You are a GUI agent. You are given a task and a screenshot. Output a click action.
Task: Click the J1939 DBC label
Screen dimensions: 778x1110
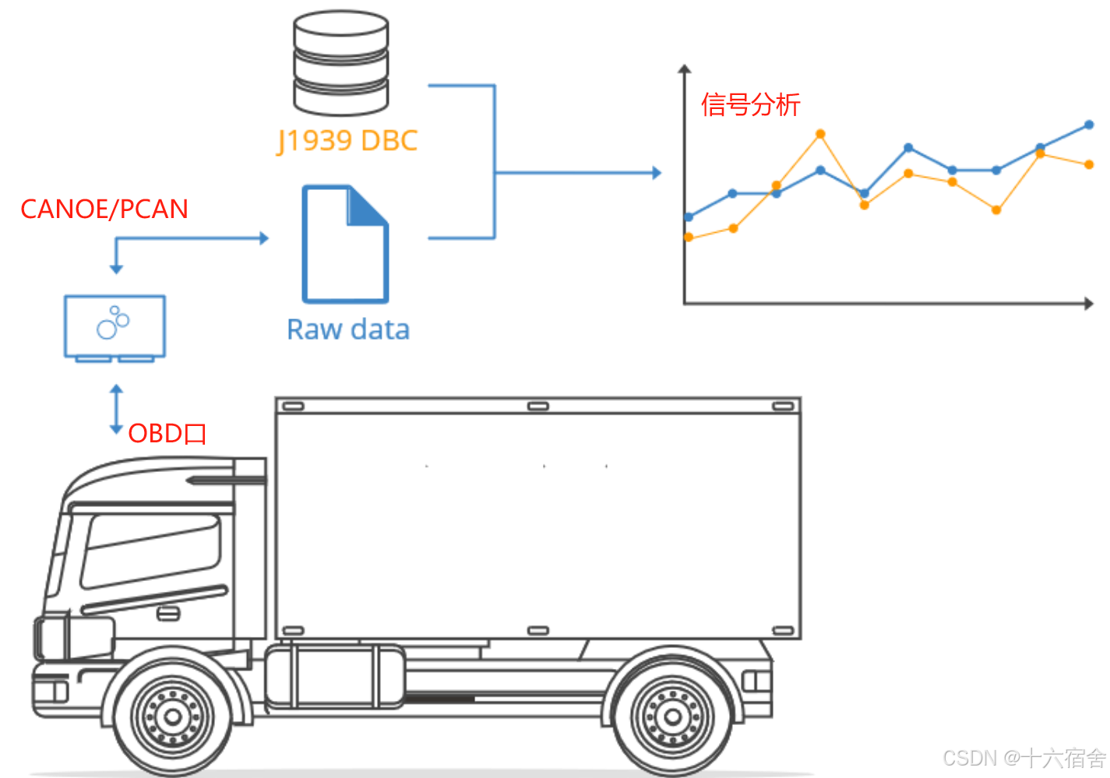pyautogui.click(x=347, y=141)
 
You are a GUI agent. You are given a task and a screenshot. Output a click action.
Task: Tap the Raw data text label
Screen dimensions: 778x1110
pyautogui.click(x=348, y=329)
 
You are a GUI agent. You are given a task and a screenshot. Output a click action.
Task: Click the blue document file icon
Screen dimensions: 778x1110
pyautogui.click(x=344, y=244)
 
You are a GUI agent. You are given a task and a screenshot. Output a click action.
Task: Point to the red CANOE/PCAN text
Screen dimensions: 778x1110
pyautogui.click(x=104, y=209)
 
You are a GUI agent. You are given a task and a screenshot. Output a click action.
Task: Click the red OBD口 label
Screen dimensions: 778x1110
pyautogui.click(x=167, y=433)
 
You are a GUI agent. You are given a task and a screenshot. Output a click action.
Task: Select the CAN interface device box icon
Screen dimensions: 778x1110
pyautogui.click(x=115, y=327)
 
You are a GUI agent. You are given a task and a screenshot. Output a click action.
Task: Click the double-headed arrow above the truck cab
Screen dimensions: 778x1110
pyautogui.click(x=117, y=409)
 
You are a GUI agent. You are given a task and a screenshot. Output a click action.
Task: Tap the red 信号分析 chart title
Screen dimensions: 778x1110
pyautogui.click(x=750, y=104)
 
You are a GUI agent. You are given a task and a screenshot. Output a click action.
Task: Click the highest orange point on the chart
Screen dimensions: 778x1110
pyautogui.click(x=820, y=134)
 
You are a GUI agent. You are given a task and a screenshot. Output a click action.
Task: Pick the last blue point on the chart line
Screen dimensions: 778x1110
pyautogui.click(x=1089, y=125)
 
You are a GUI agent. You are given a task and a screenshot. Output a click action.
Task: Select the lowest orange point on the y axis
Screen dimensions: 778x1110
pyautogui.click(x=689, y=237)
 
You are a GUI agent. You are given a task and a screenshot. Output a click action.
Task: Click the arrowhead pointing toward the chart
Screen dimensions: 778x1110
pyautogui.click(x=657, y=173)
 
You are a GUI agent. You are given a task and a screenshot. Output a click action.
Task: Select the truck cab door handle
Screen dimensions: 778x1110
pyautogui.click(x=169, y=614)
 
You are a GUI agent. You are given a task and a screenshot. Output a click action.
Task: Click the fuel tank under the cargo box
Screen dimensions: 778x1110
pyautogui.click(x=335, y=676)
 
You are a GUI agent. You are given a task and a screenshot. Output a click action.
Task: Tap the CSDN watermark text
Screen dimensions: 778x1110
pyautogui.click(x=1024, y=758)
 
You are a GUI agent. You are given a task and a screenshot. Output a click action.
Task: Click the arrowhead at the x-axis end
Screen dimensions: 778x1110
pyautogui.click(x=1088, y=303)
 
